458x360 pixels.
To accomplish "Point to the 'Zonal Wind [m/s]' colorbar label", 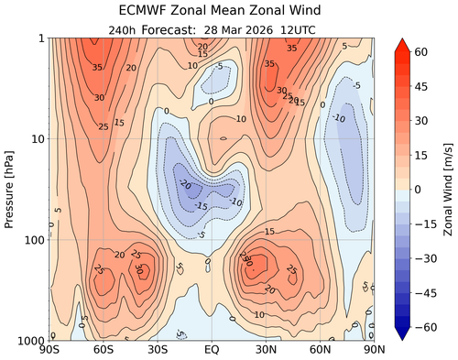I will tap(449, 189).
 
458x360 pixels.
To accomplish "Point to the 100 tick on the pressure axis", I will tap(35, 240).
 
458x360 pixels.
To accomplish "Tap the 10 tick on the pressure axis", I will tap(38, 139).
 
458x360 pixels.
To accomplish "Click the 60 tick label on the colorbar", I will tap(422, 54).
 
